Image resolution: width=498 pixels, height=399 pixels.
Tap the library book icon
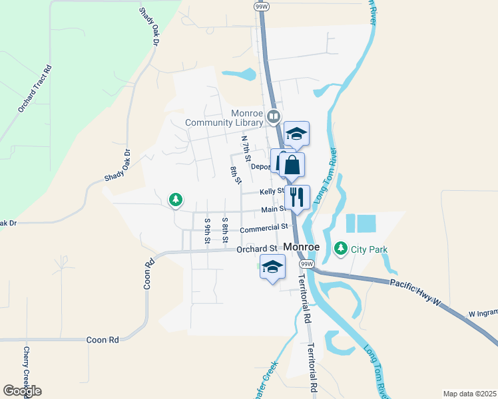coord(273,118)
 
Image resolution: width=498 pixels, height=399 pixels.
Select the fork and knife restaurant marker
coord(297,197)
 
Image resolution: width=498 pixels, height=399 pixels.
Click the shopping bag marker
coord(292,165)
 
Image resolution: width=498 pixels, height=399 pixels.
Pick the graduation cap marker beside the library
coord(296,134)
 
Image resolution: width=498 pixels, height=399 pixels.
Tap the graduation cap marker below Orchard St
coord(272,268)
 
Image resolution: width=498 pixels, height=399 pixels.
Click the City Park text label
coord(370,249)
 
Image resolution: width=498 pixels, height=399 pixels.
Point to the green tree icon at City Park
coord(341,249)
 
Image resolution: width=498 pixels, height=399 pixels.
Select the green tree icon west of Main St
coord(175,199)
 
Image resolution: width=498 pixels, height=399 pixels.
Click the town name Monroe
coord(302,246)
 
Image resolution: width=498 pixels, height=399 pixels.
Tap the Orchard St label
coord(256,249)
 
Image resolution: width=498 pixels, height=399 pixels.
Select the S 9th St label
coord(208,229)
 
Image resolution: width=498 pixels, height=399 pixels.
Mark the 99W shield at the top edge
coord(260,5)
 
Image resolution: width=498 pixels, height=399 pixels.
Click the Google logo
coord(22,391)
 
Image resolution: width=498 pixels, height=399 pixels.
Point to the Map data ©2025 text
coord(469,394)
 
